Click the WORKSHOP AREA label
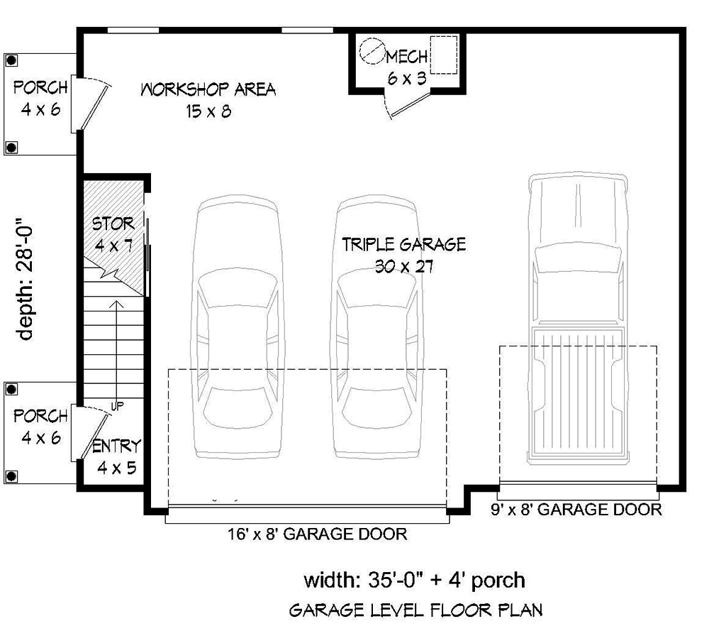pos(208,90)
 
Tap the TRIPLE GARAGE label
pos(403,245)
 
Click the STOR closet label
pos(113,224)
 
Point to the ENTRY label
pos(117,446)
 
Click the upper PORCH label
pos(40,88)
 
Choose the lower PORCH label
pos(40,417)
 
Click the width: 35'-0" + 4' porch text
pos(415,581)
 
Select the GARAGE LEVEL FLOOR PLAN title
pos(417,609)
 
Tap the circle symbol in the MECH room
pos(370,50)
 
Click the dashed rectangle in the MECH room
pos(445,54)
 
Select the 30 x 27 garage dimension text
pos(404,267)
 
